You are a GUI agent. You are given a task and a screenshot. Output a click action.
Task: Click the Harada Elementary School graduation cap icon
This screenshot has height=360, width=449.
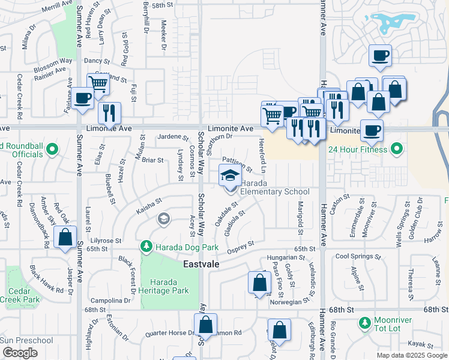230,176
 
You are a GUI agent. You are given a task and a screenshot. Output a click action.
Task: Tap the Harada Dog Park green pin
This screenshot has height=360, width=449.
146,247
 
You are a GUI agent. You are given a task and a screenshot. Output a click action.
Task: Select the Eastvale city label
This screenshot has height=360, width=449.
201,264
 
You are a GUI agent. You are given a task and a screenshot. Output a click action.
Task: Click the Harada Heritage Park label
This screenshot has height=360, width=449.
170,286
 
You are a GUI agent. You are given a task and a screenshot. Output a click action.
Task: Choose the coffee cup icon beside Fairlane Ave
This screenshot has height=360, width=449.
82,98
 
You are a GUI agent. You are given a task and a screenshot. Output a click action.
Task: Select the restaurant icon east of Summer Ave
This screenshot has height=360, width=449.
109,113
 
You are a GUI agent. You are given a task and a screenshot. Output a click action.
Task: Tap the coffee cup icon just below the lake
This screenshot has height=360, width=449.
380,56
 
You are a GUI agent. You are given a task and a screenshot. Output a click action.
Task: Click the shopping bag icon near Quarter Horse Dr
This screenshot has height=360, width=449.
205,325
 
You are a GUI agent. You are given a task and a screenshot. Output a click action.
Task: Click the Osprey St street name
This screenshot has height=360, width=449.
240,244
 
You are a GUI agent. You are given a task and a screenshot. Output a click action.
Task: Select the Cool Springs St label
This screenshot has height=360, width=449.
358,256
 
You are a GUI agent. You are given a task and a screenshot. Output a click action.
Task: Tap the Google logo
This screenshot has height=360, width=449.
20,353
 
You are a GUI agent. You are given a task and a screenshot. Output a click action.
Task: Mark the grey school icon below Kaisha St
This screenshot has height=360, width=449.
163,219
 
